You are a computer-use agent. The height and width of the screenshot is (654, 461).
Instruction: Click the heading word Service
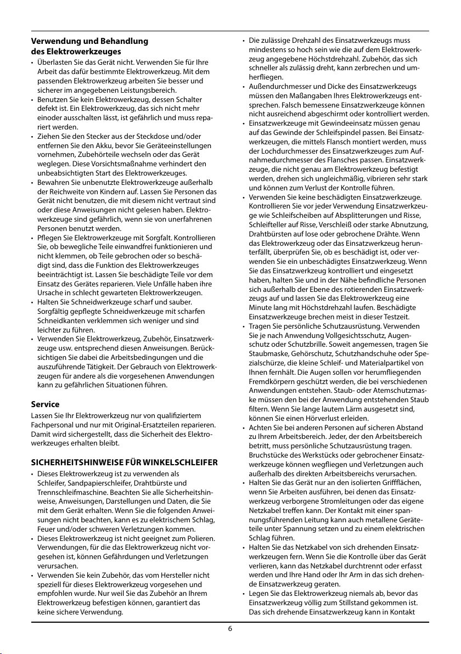click(x=45, y=404)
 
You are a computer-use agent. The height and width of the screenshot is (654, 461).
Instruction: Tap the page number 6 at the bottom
click(x=231, y=629)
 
